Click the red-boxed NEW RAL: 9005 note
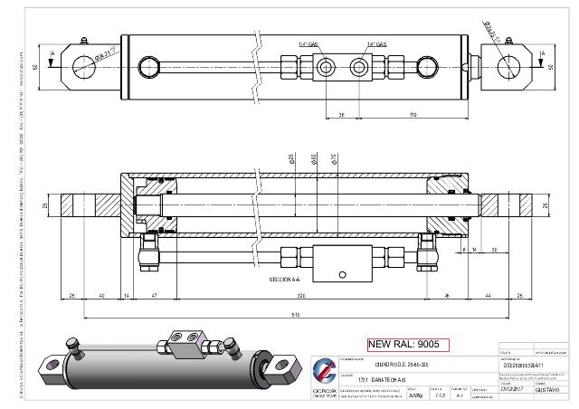tap(407, 344)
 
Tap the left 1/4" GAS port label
tap(308, 43)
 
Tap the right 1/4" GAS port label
tap(377, 43)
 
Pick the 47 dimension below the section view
tap(155, 296)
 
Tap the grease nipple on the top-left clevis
tap(81, 41)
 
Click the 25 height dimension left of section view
tap(48, 206)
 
